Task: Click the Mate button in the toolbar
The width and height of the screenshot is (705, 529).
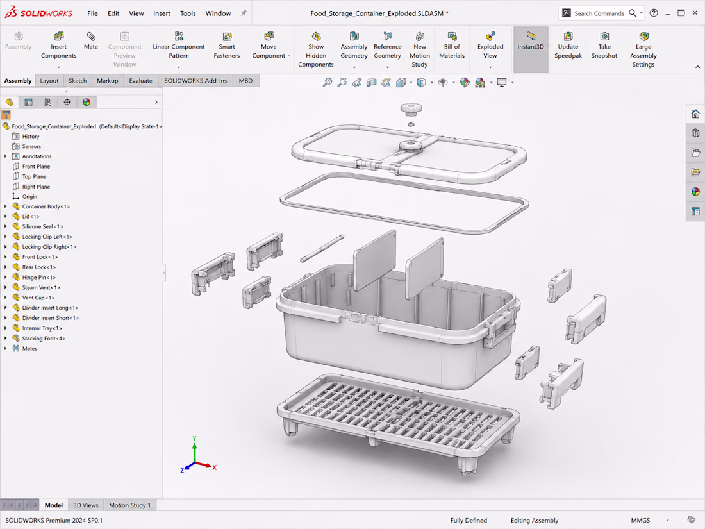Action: click(x=91, y=41)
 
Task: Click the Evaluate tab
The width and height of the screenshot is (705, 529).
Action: click(x=141, y=81)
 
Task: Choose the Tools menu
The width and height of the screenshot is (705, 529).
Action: click(x=188, y=13)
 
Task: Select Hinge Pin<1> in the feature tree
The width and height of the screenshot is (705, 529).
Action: click(x=38, y=277)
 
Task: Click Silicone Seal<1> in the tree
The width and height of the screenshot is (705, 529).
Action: click(x=42, y=226)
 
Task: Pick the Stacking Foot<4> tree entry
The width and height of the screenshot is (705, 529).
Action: click(x=43, y=339)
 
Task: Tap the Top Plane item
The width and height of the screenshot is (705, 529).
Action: click(x=34, y=176)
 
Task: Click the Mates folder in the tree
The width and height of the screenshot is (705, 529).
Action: click(x=29, y=348)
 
